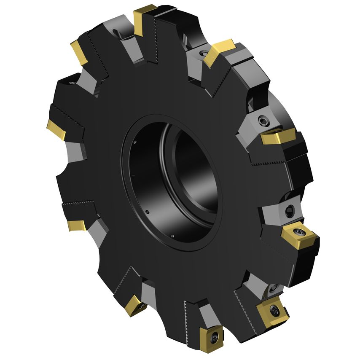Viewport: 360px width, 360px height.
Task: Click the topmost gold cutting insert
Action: point(145,18)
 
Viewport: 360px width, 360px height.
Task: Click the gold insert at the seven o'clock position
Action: point(135,305)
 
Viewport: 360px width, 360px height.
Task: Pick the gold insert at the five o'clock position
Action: point(272,310)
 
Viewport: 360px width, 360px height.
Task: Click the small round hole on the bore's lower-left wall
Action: point(148,211)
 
